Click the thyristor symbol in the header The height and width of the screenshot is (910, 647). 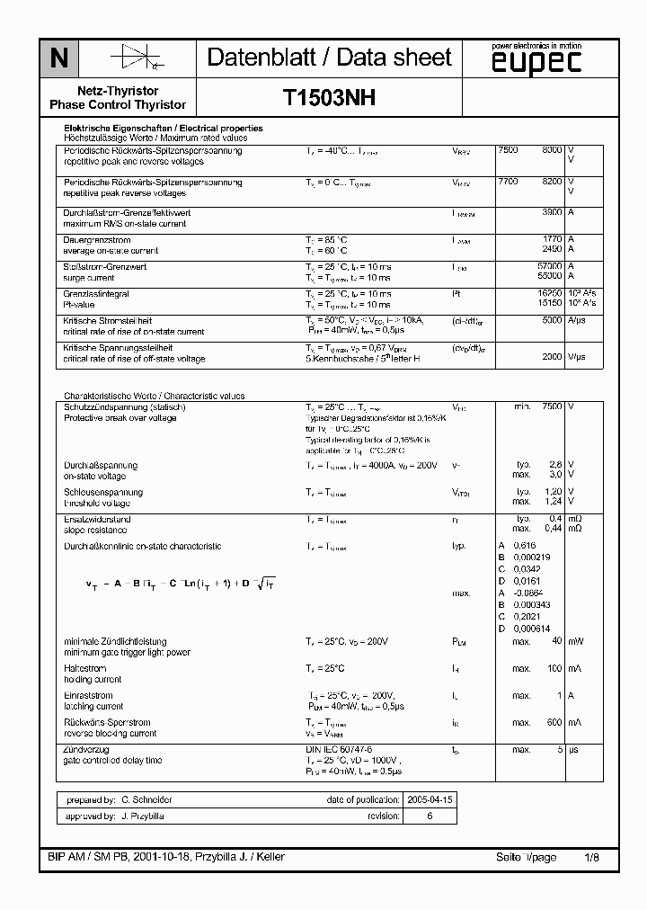[135, 58]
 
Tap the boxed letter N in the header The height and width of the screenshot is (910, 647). [58, 59]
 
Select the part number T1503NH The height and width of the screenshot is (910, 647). [329, 98]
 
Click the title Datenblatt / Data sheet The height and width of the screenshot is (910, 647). [329, 58]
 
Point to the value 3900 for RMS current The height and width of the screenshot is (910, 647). [550, 212]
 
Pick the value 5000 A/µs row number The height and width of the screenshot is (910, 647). [550, 320]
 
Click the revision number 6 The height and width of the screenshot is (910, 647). [430, 816]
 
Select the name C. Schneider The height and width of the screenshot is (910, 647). [146, 799]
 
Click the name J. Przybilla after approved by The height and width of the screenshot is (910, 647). [143, 816]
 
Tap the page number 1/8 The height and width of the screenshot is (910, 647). [590, 857]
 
